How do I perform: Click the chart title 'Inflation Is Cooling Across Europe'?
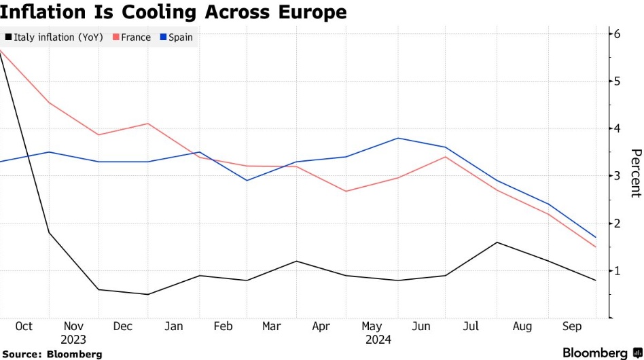[x=173, y=12]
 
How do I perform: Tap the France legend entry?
[x=136, y=37]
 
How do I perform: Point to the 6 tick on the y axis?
[x=618, y=34]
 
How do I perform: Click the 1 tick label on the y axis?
[x=618, y=271]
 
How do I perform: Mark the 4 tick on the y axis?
[x=618, y=129]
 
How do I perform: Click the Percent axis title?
[x=635, y=173]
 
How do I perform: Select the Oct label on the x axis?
[x=23, y=327]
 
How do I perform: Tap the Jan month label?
[x=173, y=327]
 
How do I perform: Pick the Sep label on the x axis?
[x=572, y=327]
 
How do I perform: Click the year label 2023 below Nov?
[x=73, y=340]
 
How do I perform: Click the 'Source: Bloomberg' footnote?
[x=52, y=354]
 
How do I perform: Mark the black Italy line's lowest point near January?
[x=149, y=294]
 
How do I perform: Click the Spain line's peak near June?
[x=397, y=138]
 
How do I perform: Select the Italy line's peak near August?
[x=497, y=242]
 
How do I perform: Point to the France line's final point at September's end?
[x=596, y=247]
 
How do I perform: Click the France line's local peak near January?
[x=149, y=124]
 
